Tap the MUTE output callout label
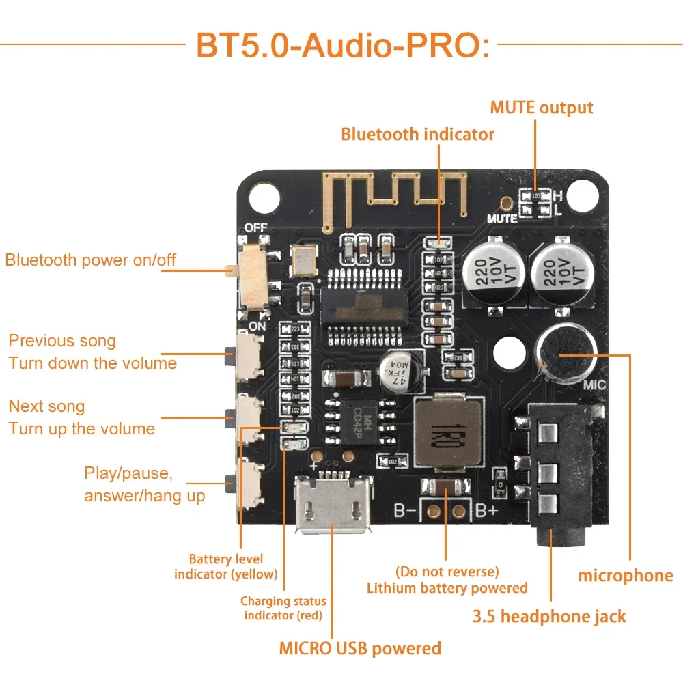coord(541,108)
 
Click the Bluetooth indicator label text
coord(417,134)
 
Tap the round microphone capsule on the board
coord(567,353)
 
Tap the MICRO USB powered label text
coord(360,647)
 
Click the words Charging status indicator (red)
coord(283,608)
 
